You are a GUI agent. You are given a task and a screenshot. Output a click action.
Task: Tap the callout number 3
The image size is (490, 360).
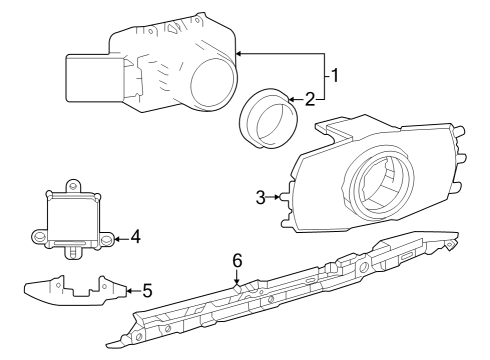click(x=261, y=197)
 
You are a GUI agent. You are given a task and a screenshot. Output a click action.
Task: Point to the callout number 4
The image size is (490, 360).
click(x=135, y=238)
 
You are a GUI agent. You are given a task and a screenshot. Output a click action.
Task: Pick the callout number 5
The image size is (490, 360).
click(x=147, y=291)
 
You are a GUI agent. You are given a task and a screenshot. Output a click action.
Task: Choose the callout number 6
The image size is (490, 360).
click(x=237, y=259)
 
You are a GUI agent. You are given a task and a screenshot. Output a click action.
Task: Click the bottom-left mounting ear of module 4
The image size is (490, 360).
click(x=39, y=237)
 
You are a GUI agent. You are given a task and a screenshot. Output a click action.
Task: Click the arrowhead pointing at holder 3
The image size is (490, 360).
click(x=279, y=197)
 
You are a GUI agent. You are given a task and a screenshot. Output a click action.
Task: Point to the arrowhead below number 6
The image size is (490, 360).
click(x=237, y=279)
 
